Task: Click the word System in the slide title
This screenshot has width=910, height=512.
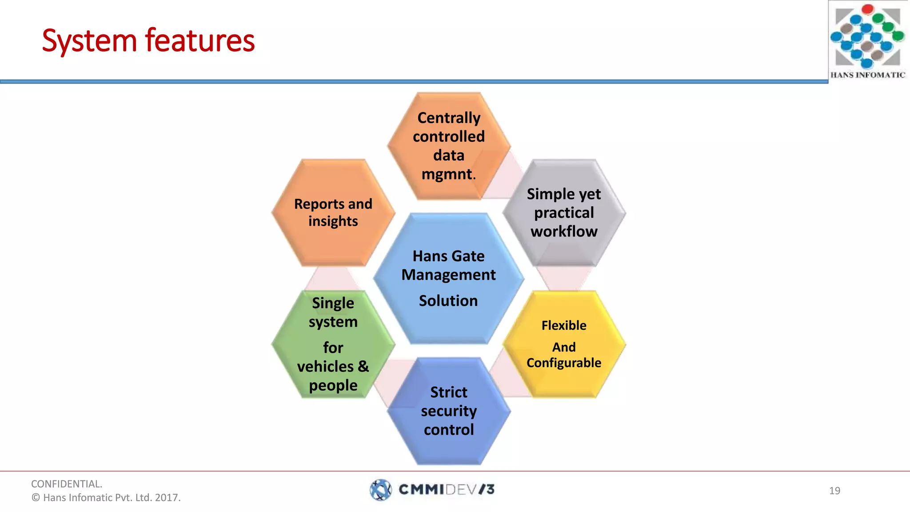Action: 89,41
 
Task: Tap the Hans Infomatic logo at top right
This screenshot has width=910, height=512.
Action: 867,40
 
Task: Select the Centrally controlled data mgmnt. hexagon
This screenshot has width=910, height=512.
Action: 449,146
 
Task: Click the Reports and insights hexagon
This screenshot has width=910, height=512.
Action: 333,212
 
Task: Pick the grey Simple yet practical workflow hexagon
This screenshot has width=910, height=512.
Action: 564,212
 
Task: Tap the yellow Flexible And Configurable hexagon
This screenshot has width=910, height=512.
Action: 564,344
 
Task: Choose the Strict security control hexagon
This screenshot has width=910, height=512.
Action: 449,411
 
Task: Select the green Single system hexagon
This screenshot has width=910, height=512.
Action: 333,344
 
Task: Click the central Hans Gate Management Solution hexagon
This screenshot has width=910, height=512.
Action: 449,278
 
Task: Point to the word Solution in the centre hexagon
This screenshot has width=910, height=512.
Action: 448,301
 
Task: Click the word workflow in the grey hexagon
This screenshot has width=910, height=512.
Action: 564,232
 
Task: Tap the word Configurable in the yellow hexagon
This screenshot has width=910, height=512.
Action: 564,363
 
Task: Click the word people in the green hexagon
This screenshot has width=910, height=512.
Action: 333,385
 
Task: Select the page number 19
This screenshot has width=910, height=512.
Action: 834,491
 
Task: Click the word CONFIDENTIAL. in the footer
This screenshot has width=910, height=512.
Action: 67,484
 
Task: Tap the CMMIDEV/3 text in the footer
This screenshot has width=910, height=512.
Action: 446,490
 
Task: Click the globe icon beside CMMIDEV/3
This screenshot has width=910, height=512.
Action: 381,490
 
